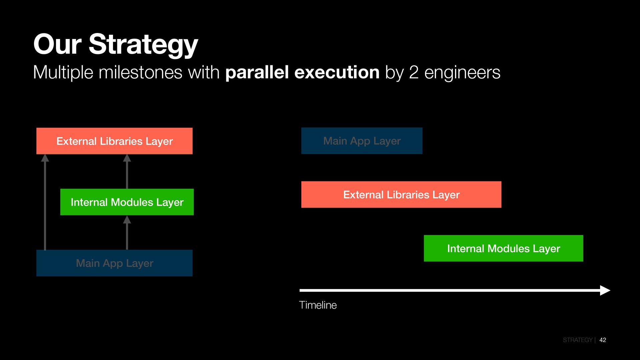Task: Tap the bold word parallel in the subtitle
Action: point(257,72)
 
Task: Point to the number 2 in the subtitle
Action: point(413,72)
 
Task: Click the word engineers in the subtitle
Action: point(462,72)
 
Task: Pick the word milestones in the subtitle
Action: point(140,72)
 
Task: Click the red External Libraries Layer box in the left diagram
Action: point(114,141)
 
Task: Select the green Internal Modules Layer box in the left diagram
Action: point(127,202)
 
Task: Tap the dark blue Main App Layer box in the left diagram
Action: point(114,263)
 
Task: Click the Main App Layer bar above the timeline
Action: point(362,141)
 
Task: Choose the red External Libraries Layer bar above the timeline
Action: point(401,195)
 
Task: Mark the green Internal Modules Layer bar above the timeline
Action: point(503,248)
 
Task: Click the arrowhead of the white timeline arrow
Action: point(605,290)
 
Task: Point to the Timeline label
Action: point(318,305)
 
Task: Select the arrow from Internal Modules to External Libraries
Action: point(127,172)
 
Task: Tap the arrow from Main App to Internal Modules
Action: point(127,233)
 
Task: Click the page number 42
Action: point(603,340)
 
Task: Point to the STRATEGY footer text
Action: point(577,340)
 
